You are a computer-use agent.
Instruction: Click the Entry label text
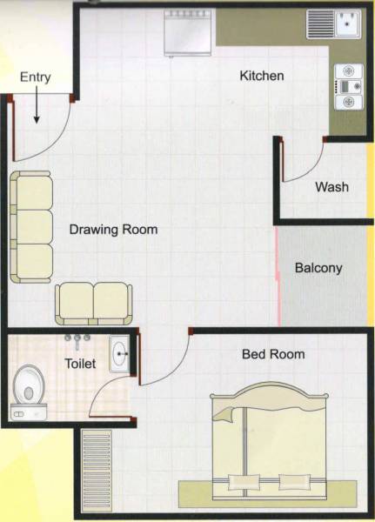pos(35,77)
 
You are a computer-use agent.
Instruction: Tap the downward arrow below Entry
pos(38,109)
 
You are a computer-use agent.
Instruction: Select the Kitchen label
pos(262,77)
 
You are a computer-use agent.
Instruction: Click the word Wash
pos(331,187)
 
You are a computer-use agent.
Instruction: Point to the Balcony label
pos(318,268)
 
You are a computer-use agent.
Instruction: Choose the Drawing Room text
pos(113,231)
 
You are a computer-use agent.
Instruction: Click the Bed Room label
pos(273,354)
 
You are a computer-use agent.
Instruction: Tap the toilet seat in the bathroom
pos(30,387)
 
